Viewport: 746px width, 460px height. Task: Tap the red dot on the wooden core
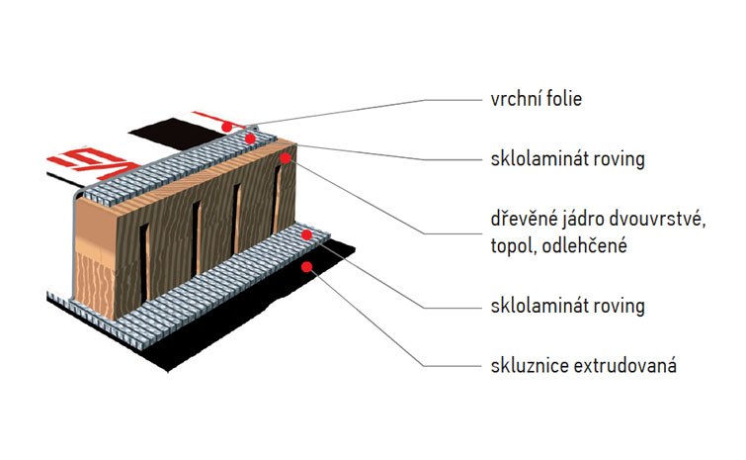click(285, 156)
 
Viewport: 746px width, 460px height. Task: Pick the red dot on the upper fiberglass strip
click(251, 139)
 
